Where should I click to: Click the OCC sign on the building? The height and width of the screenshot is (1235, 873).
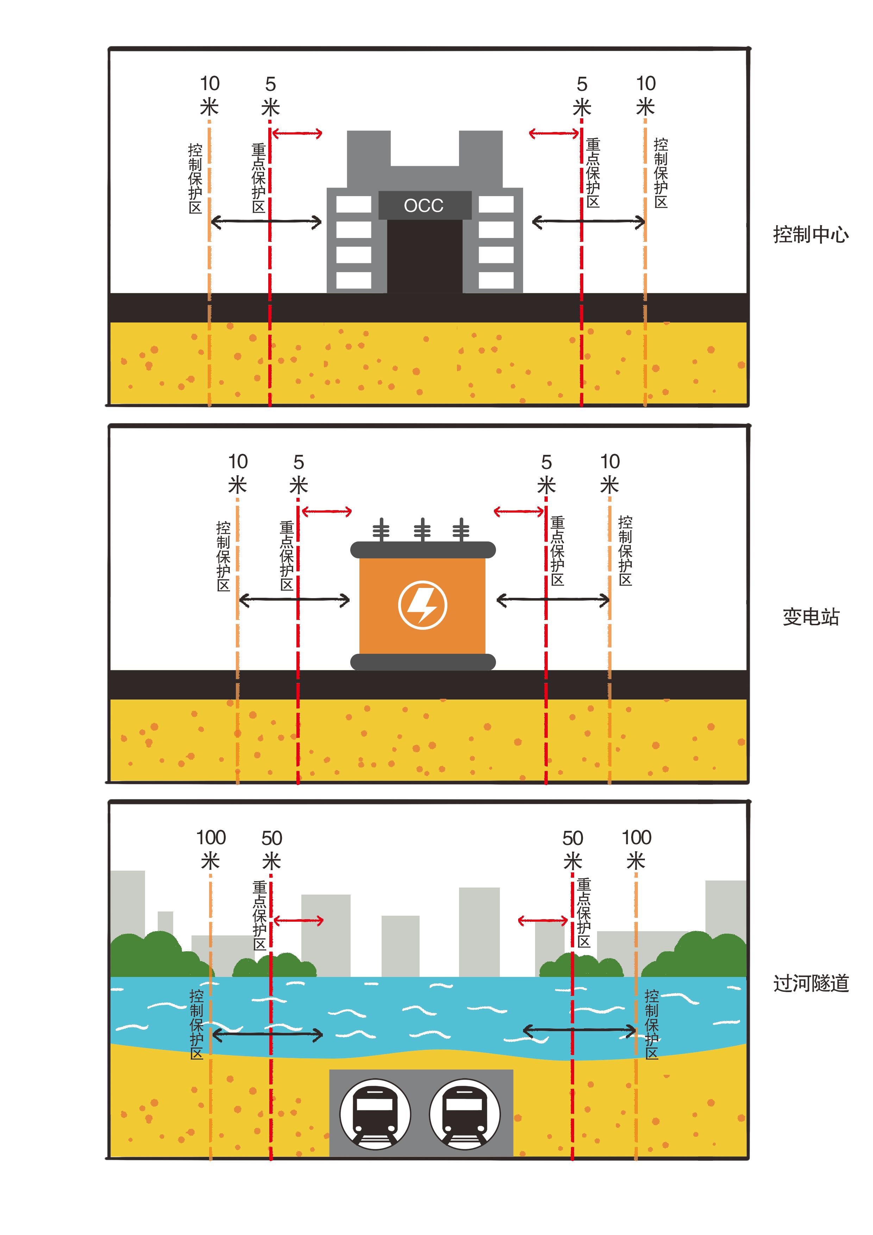[x=425, y=205]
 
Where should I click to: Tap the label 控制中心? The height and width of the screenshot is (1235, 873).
[x=811, y=234]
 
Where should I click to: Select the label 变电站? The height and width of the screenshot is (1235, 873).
[x=811, y=616]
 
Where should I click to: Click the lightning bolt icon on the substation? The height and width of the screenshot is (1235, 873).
[x=423, y=604]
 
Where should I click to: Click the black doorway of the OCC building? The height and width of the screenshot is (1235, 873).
[x=425, y=256]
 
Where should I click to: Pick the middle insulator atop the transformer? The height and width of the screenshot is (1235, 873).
[x=422, y=529]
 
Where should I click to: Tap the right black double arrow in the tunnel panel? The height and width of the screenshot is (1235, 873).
[x=580, y=1030]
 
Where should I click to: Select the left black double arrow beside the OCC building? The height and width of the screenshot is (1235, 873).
[x=266, y=221]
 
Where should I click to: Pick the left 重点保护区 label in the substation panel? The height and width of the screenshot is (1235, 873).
[x=287, y=555]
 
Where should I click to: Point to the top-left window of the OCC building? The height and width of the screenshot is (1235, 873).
[x=353, y=205]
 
